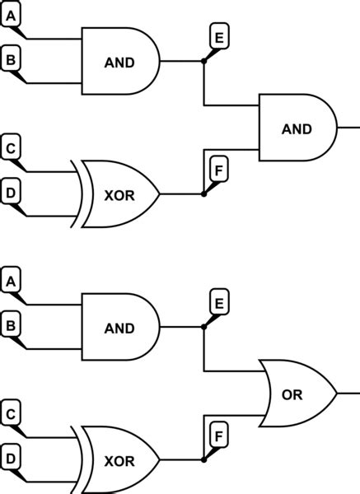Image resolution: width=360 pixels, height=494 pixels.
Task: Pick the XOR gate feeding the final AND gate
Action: tap(119, 194)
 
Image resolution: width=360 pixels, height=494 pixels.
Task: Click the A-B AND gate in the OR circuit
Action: tap(119, 327)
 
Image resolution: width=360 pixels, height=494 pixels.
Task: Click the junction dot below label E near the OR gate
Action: tap(203, 327)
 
